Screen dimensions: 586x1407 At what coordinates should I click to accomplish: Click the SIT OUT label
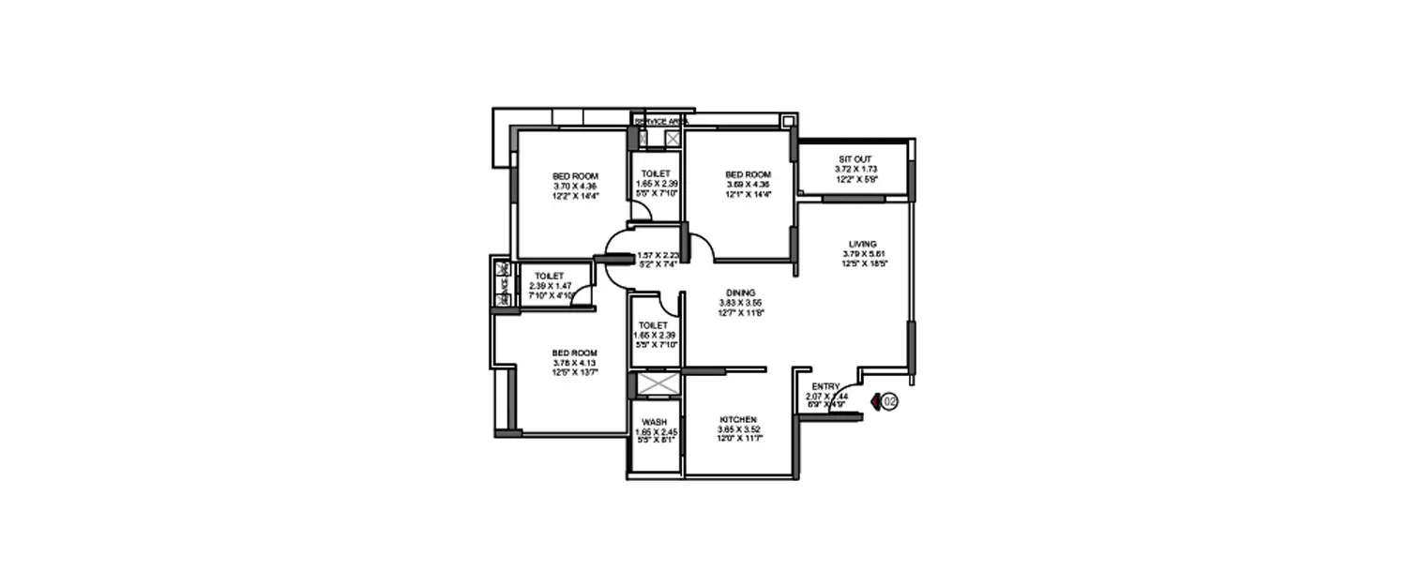click(853, 158)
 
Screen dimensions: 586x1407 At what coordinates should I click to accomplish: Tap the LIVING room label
click(864, 244)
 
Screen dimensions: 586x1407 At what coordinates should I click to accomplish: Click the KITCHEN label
click(738, 419)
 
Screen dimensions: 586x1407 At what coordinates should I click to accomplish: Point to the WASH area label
click(656, 421)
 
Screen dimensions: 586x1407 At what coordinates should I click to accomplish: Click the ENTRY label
click(825, 386)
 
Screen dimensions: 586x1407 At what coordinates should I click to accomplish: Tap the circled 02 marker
click(889, 401)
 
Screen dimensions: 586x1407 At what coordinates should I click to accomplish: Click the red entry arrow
click(874, 401)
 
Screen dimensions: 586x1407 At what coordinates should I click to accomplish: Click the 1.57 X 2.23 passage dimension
click(657, 255)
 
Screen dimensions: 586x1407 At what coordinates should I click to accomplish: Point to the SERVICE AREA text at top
click(661, 122)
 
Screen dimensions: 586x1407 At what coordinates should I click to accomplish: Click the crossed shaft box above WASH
click(656, 385)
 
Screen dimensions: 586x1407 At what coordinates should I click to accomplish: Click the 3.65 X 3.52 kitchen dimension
click(738, 428)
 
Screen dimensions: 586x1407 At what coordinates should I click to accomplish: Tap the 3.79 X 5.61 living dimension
click(864, 254)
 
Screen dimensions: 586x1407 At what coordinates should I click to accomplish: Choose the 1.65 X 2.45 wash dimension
click(656, 431)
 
